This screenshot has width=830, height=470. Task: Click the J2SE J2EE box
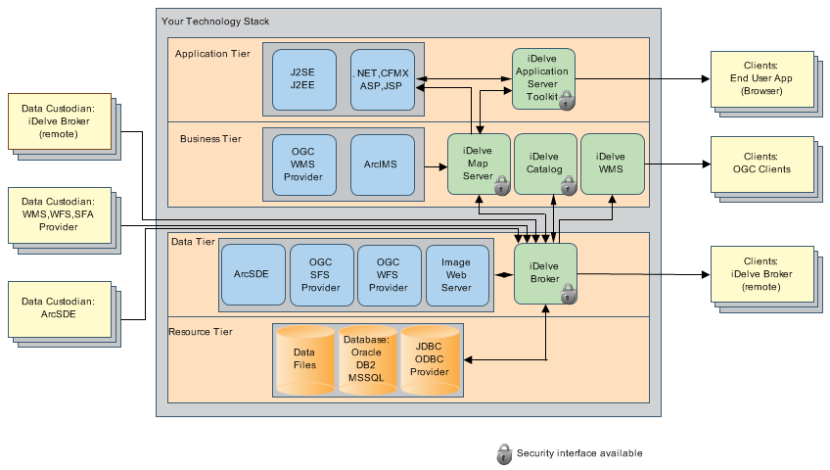(303, 77)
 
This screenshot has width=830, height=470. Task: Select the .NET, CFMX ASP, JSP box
(382, 77)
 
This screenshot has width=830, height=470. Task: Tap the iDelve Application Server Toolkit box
(542, 78)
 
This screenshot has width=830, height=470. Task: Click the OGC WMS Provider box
(303, 163)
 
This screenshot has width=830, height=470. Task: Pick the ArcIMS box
(382, 163)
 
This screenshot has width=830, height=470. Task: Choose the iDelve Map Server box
(479, 164)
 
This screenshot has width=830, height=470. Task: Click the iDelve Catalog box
(544, 164)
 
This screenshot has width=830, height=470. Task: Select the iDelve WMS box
(611, 164)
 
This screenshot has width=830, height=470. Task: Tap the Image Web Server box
(456, 275)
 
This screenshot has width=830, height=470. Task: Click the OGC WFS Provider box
(389, 275)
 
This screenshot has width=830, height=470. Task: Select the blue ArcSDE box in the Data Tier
(252, 275)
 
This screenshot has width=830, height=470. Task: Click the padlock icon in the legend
(504, 453)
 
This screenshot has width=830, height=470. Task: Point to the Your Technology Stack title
(215, 21)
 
